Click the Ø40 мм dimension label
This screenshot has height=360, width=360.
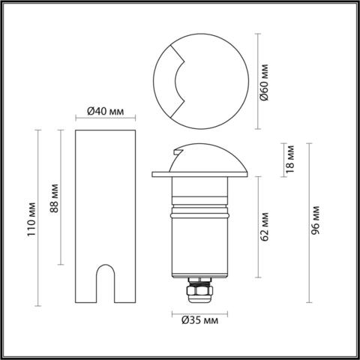[x=105, y=111]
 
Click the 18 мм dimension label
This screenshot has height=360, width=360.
[x=292, y=159]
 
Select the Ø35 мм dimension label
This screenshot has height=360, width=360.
[x=199, y=322]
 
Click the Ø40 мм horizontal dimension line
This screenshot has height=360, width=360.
[x=106, y=118]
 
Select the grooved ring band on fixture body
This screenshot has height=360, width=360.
[x=198, y=205]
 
